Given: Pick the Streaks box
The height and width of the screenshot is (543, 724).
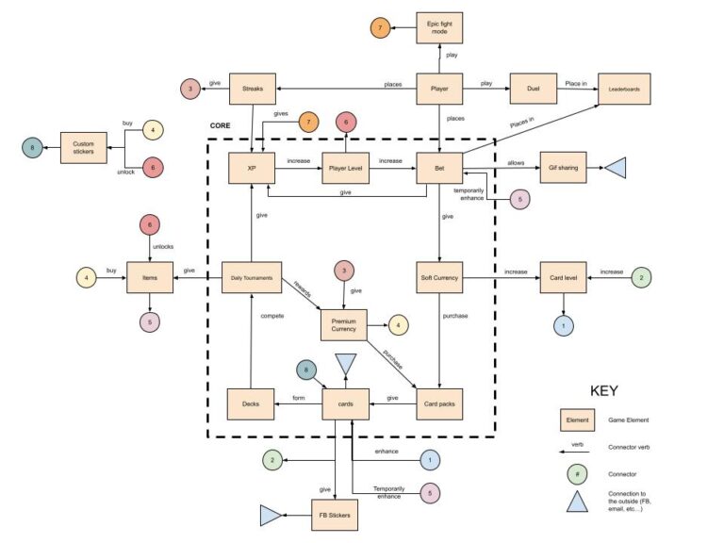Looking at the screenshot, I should (252, 89).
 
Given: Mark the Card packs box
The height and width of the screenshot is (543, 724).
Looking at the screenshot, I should (439, 403).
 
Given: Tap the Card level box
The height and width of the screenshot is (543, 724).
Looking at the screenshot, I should (562, 278).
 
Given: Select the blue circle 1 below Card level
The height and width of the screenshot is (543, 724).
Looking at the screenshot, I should (563, 325).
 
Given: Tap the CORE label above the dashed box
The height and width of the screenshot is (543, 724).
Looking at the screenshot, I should (221, 125).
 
